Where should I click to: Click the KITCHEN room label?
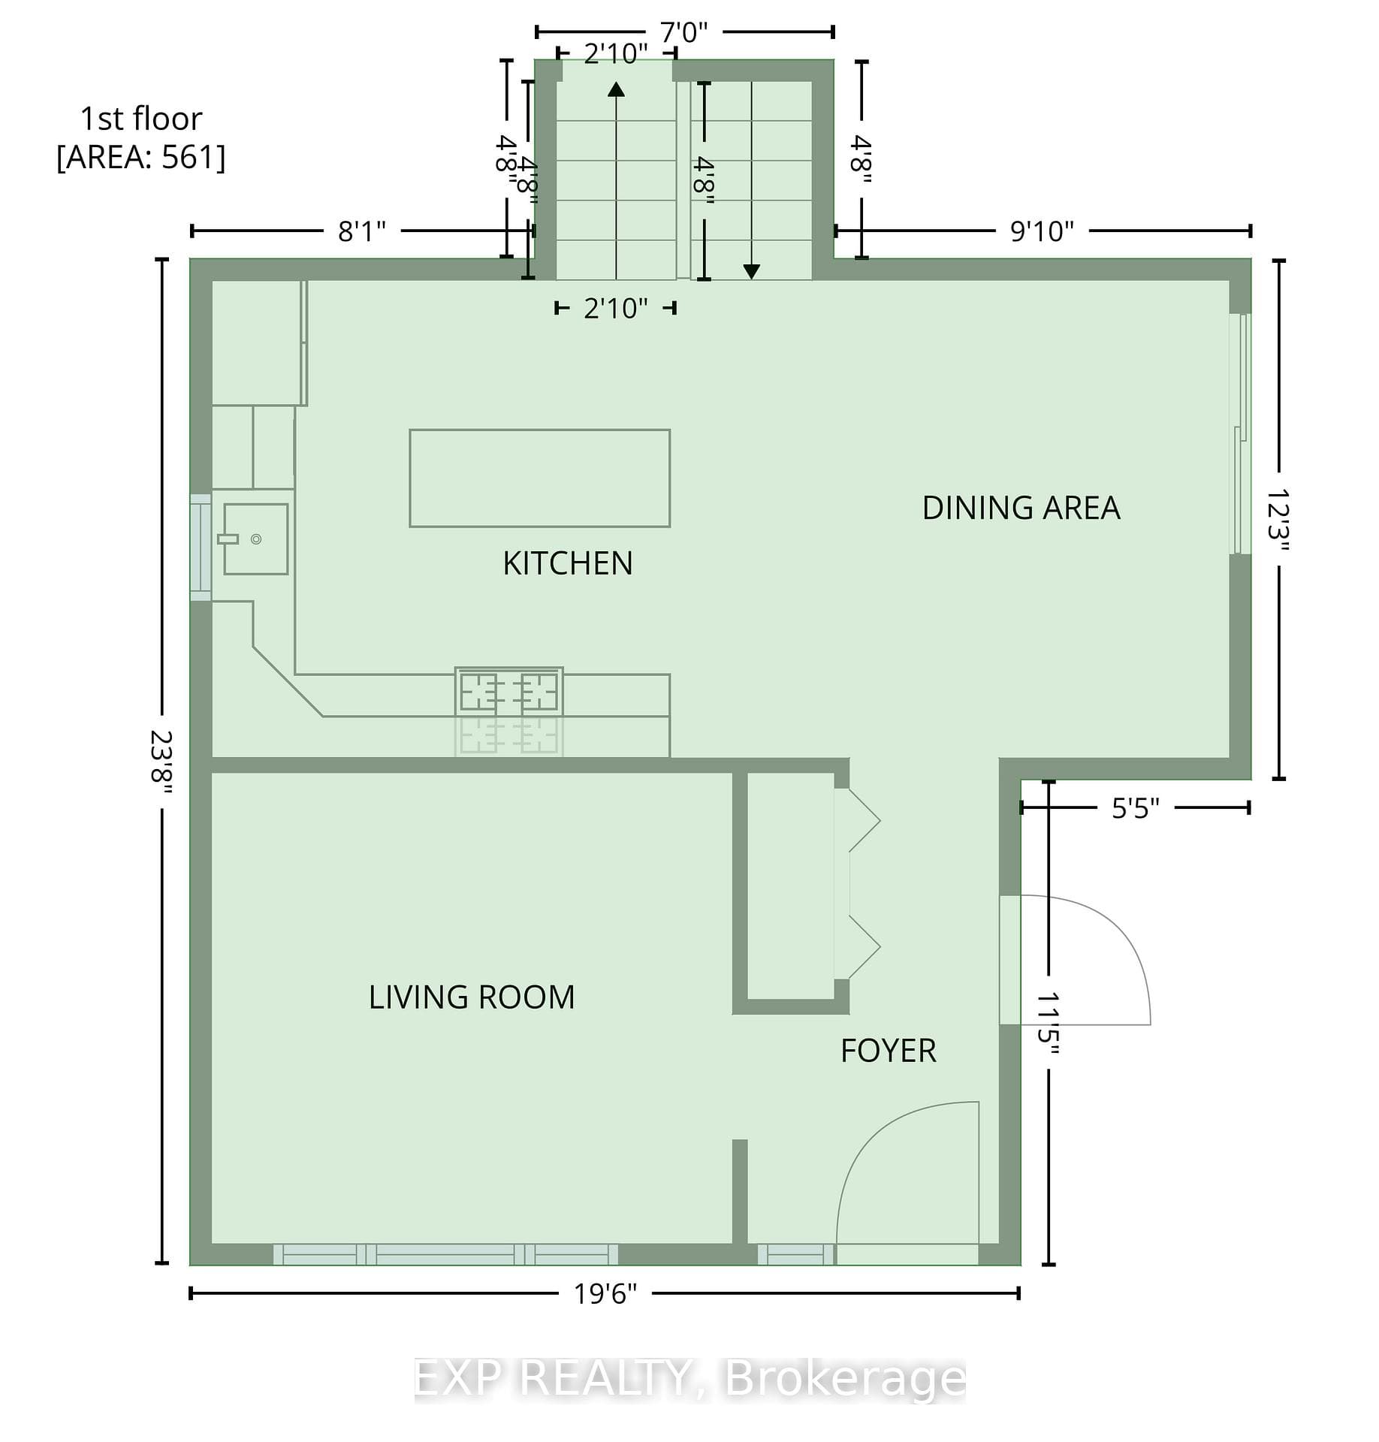(567, 563)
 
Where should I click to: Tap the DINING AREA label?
(1021, 508)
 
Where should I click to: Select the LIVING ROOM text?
(472, 997)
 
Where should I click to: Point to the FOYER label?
(889, 1051)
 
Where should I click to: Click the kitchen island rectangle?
(539, 478)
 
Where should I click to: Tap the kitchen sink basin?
(255, 539)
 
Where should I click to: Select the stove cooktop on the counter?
(509, 691)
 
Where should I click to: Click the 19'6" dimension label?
(605, 1293)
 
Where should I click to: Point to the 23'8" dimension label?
(161, 758)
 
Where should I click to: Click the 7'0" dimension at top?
(683, 32)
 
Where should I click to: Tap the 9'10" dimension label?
(1042, 231)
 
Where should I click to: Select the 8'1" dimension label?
(361, 231)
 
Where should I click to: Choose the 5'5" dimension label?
(1135, 808)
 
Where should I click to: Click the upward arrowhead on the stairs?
(616, 89)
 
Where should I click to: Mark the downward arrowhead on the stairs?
(751, 272)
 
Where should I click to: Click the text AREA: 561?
(141, 158)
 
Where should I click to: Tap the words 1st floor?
(141, 119)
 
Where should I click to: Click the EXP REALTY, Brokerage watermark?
(689, 1379)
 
